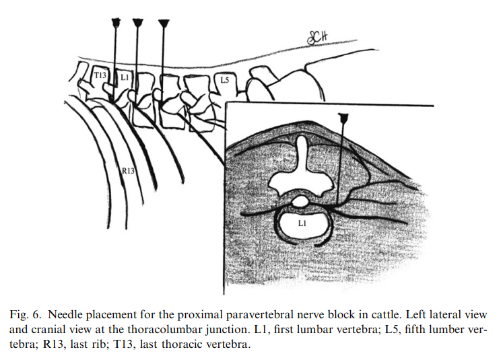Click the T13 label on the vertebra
(100, 75)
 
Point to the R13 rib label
(129, 172)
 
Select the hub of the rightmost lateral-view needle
(164, 24)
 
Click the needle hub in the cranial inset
(344, 118)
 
